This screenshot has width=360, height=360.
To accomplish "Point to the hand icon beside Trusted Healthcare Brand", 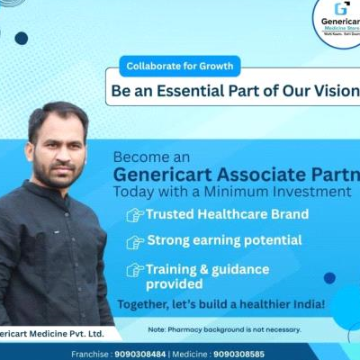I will pos(134,215).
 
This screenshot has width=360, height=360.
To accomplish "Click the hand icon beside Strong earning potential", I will pos(134,242).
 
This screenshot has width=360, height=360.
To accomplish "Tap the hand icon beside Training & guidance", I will pos(134,269).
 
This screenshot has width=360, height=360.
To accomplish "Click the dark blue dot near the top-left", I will pos(21,38).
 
